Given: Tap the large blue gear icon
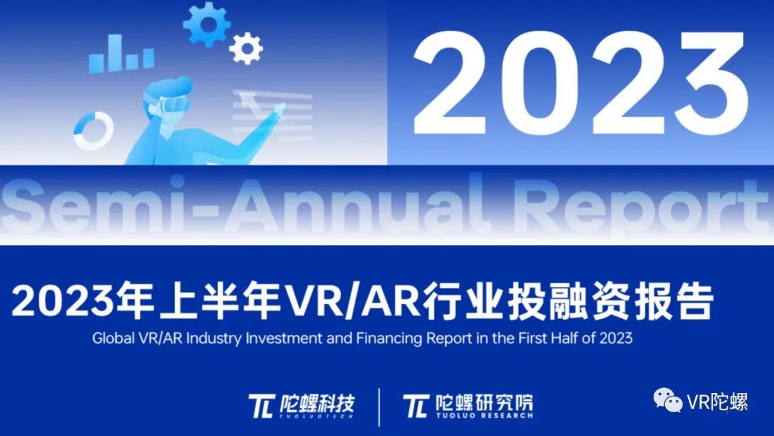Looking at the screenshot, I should click(206, 24).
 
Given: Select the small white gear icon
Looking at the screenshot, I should click(246, 48).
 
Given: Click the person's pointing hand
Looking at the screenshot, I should click(276, 110).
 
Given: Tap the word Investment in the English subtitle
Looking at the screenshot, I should click(286, 338).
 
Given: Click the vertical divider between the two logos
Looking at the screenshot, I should click(379, 406).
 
